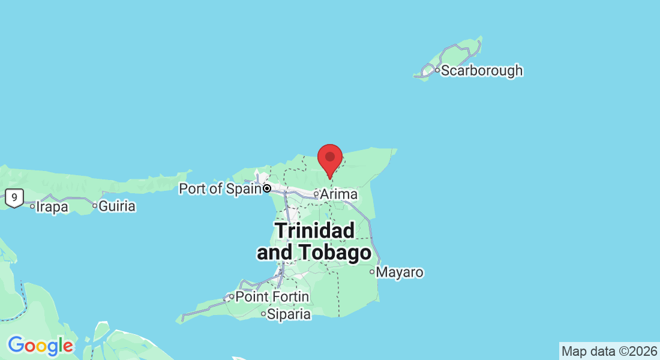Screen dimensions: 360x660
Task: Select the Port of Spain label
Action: point(220,188)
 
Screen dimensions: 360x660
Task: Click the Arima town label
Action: point(339,194)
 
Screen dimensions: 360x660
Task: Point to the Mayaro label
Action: point(400,272)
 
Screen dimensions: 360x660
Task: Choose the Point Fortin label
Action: point(272,297)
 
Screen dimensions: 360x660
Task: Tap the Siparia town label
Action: point(289,314)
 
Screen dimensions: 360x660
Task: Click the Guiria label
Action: point(117,206)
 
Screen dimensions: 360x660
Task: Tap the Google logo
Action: point(40,346)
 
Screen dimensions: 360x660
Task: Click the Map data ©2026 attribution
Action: point(609,351)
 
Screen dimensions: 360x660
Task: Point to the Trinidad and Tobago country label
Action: point(314,241)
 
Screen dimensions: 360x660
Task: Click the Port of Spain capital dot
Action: point(267,188)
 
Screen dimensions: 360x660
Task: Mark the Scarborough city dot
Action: point(437,71)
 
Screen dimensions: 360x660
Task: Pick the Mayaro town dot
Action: point(372,272)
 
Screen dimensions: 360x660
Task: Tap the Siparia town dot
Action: point(263,314)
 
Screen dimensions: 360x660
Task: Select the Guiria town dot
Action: point(95,206)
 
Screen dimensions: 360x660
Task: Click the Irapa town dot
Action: point(32,206)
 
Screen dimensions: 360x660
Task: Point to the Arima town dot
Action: point(316,194)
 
